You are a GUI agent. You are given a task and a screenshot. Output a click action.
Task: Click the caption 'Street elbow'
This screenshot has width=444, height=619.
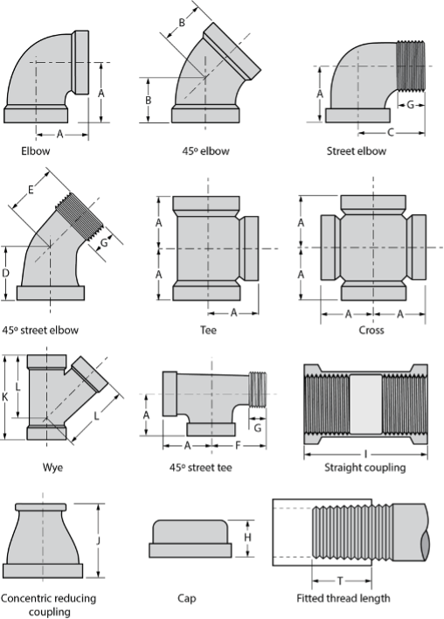pos(357,150)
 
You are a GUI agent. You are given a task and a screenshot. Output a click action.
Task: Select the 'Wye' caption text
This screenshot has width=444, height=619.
pos(52,468)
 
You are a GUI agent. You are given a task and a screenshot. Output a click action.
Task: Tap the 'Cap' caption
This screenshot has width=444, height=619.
pos(187,599)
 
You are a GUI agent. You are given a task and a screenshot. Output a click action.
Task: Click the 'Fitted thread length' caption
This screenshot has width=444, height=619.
pos(343,599)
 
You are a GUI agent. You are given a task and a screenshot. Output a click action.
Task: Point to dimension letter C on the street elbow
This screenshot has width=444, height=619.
pos(391,132)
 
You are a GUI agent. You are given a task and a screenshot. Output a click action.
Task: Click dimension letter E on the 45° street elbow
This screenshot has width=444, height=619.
pos(31,191)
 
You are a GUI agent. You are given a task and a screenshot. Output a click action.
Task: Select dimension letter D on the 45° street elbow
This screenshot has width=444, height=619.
pos(5,273)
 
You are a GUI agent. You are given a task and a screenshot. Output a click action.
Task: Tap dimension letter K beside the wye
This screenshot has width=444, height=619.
pos(4,397)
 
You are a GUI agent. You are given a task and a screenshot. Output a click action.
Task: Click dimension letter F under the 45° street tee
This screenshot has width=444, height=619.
pos(238,446)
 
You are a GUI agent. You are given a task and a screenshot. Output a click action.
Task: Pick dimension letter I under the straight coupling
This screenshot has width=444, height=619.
pos(366,455)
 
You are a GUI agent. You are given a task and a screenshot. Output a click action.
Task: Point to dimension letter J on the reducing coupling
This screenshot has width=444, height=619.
pos(98,540)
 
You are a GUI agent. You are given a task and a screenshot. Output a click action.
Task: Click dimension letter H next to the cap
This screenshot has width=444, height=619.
pos(247,538)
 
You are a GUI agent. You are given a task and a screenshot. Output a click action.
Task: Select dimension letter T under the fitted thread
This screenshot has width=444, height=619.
pos(340,581)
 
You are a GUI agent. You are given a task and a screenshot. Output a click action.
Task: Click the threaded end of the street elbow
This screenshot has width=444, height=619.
pos(411,66)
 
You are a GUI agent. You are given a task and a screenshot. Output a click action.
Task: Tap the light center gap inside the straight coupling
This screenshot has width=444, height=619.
pos(366,404)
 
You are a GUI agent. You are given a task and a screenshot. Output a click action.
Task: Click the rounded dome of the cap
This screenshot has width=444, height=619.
pos(191,532)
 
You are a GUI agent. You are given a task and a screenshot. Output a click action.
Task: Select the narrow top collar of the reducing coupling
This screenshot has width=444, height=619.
pos(41,507)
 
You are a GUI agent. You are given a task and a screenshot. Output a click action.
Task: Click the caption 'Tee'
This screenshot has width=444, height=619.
pos(208,330)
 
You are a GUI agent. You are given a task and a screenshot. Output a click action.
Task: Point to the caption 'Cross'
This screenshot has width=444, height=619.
pos(371,330)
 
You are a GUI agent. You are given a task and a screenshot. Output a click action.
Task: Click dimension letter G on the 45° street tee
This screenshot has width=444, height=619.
pos(257,428)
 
